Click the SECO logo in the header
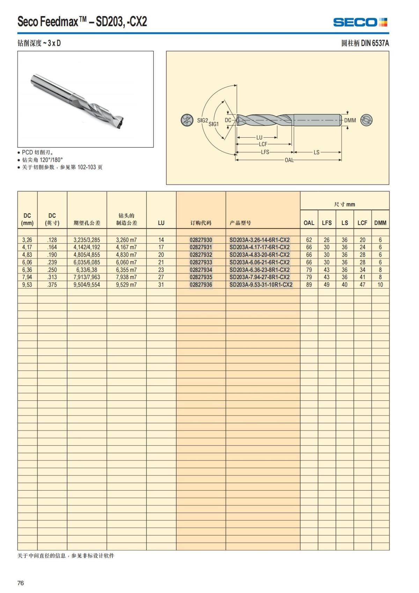(x=360, y=22)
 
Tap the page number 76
(x=21, y=583)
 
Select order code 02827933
(x=201, y=262)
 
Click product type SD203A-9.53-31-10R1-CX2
(x=261, y=285)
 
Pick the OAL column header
(x=309, y=223)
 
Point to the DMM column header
(x=380, y=223)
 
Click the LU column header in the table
(x=161, y=223)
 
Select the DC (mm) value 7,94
(x=27, y=277)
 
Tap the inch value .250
(x=52, y=270)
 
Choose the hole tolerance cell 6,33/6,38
(x=87, y=270)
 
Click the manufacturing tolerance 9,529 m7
(x=126, y=285)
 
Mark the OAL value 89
(x=309, y=285)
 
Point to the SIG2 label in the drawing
(x=203, y=120)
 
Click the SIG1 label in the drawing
(x=213, y=124)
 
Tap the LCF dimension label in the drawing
(x=263, y=144)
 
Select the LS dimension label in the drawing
(x=316, y=152)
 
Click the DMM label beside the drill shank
(x=350, y=121)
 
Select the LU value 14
(x=161, y=240)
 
